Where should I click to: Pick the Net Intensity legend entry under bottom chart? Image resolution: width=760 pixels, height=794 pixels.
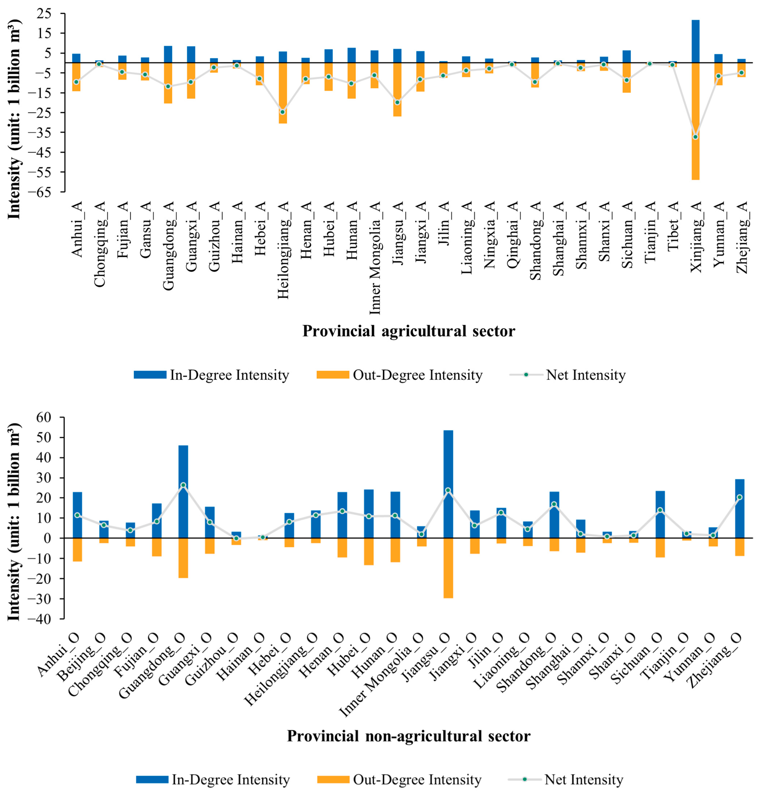583,780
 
